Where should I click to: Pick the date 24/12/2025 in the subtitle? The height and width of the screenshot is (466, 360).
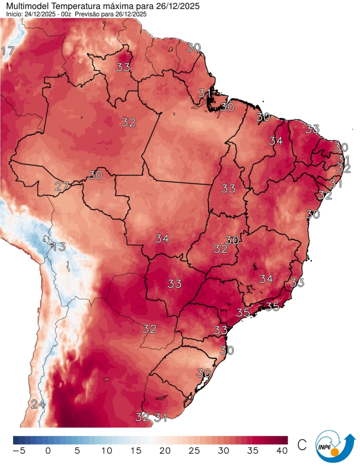(x=39, y=14)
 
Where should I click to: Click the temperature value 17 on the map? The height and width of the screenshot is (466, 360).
(x=8, y=51)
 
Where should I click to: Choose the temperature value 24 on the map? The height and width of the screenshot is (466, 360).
(x=38, y=404)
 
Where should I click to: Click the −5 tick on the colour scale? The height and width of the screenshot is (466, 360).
(x=18, y=450)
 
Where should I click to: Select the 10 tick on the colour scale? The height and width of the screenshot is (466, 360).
(x=106, y=450)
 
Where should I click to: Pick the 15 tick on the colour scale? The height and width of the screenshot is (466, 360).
(x=135, y=450)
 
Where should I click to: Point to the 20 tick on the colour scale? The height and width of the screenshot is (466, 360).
(x=165, y=450)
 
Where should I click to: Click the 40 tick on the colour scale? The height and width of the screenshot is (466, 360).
(x=282, y=450)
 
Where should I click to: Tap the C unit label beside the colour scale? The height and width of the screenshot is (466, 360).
(x=302, y=445)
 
